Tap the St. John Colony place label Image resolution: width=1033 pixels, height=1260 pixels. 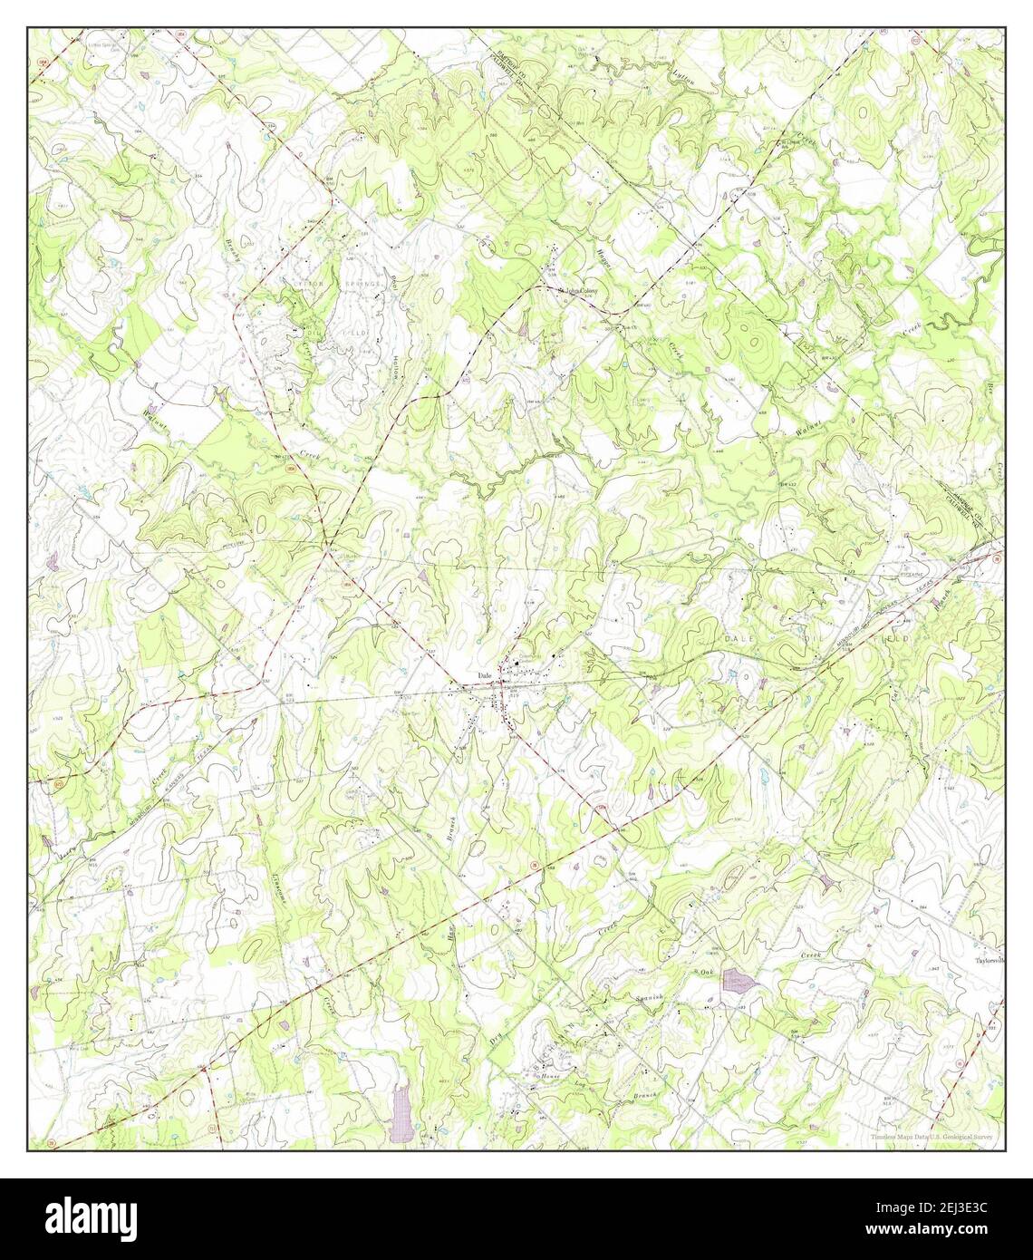tap(578, 290)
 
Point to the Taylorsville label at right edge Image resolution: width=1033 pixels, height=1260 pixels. tap(990, 960)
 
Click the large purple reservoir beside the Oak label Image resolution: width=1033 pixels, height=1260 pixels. tap(739, 983)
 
